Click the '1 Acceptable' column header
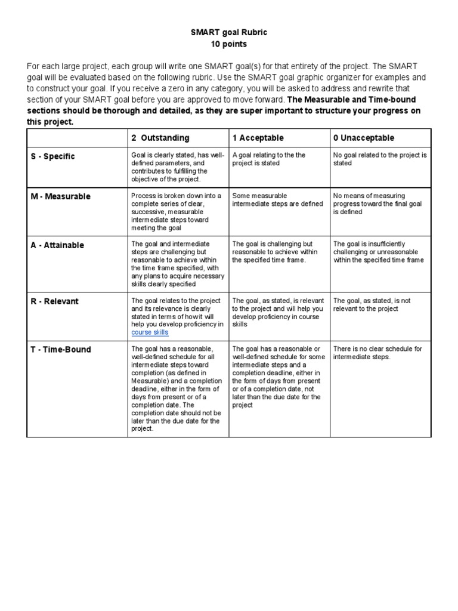(258, 138)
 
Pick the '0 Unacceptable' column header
(364, 138)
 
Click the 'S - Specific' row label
(53, 156)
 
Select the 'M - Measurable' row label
(60, 197)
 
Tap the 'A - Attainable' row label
(57, 245)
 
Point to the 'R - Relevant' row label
(54, 301)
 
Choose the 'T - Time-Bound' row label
(61, 350)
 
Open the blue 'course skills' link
(150, 332)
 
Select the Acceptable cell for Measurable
(277, 200)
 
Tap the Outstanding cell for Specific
(177, 167)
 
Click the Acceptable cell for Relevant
(277, 313)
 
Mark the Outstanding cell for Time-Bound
(177, 388)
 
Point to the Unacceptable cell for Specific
(380, 159)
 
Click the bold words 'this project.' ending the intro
(49, 122)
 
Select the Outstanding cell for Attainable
(177, 264)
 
